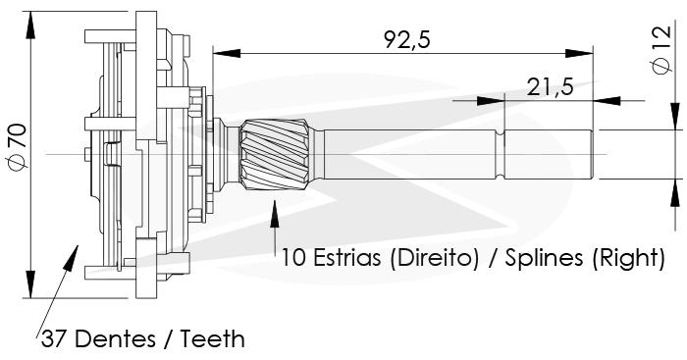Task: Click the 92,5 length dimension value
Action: pyautogui.click(x=407, y=40)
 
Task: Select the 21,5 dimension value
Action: pyautogui.click(x=550, y=87)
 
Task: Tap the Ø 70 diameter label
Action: pyautogui.click(x=19, y=146)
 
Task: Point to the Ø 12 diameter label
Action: pyautogui.click(x=661, y=50)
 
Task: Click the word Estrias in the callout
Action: pyautogui.click(x=347, y=258)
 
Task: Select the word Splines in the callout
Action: pyautogui.click(x=544, y=258)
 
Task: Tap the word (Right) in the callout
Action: pyautogui.click(x=628, y=258)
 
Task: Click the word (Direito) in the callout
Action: pyautogui.click(x=434, y=258)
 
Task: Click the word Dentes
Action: pyautogui.click(x=119, y=339)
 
